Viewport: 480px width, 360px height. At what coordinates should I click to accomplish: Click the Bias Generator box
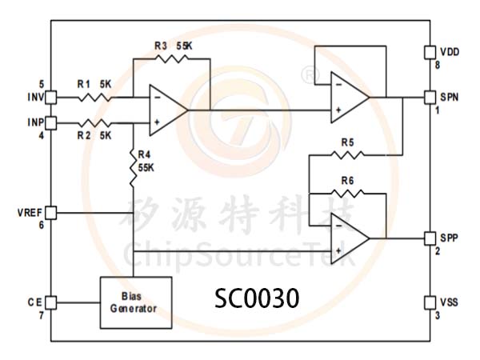pyautogui.click(x=136, y=302)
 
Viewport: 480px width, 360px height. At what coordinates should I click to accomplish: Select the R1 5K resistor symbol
pyautogui.click(x=95, y=98)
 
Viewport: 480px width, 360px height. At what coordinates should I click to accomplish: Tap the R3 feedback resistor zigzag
pyautogui.click(x=171, y=58)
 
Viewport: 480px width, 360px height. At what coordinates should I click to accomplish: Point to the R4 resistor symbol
pyautogui.click(x=134, y=168)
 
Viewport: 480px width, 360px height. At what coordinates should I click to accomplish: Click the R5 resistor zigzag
pyautogui.click(x=347, y=155)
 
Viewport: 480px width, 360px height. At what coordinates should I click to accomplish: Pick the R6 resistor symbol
pyautogui.click(x=347, y=194)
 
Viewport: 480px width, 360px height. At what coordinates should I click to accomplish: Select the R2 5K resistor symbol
pyautogui.click(x=95, y=123)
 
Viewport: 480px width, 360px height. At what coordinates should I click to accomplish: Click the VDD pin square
pyautogui.click(x=430, y=52)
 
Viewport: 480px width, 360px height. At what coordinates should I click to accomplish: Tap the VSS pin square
pyautogui.click(x=430, y=302)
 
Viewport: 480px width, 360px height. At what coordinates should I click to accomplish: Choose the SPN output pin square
pyautogui.click(x=430, y=98)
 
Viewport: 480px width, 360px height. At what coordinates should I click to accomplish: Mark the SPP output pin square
pyautogui.click(x=430, y=238)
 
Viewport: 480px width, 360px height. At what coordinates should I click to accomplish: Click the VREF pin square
pyautogui.click(x=51, y=213)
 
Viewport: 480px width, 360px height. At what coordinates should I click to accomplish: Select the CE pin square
pyautogui.click(x=51, y=302)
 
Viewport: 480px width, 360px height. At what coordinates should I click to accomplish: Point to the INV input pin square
pyautogui.click(x=51, y=98)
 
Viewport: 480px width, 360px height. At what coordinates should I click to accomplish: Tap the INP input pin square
pyautogui.click(x=51, y=123)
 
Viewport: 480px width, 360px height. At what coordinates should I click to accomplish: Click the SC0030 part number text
pyautogui.click(x=257, y=298)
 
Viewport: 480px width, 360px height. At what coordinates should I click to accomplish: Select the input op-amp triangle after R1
pyautogui.click(x=168, y=110)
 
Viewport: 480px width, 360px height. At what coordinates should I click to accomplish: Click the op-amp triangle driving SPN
pyautogui.click(x=350, y=98)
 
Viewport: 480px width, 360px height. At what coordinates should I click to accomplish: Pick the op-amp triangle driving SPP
pyautogui.click(x=350, y=238)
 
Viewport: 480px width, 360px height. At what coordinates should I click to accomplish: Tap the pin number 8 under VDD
pyautogui.click(x=438, y=65)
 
